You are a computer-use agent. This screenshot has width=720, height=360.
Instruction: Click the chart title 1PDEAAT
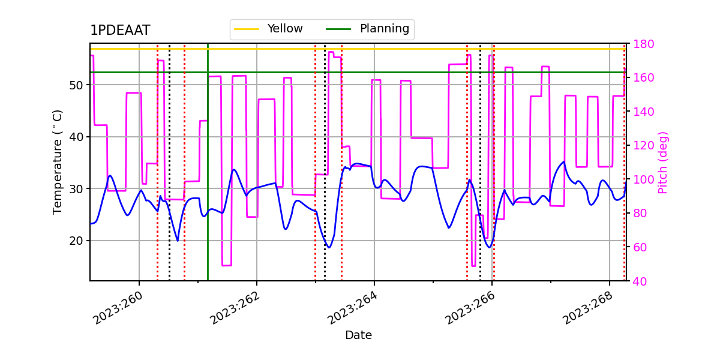coord(120,31)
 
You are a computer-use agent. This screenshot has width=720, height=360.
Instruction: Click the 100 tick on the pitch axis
coord(643,179)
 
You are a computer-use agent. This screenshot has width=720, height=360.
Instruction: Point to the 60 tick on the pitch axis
coord(640,247)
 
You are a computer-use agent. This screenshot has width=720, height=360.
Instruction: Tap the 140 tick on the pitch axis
coord(643,112)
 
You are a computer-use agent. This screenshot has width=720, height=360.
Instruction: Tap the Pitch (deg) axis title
coord(663,162)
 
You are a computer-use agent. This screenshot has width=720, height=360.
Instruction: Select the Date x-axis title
coord(358,335)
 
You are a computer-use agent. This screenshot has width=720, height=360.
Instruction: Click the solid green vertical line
coord(208,180)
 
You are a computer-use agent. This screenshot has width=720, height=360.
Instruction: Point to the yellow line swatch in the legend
coord(247,29)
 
